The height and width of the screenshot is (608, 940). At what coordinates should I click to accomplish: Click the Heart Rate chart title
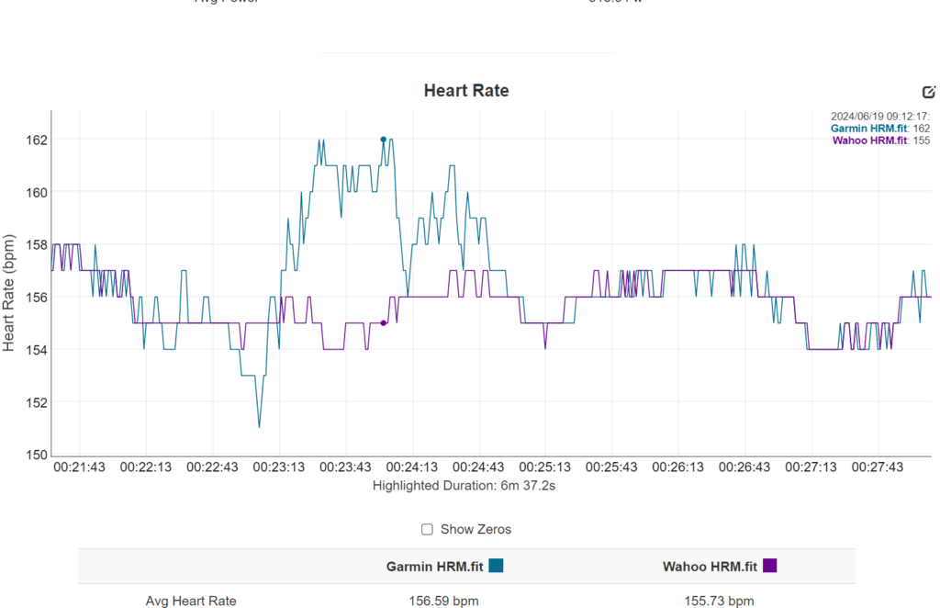[465, 90]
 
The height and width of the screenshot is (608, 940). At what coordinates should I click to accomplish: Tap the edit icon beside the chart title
[928, 92]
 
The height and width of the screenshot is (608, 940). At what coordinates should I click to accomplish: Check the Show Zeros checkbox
[427, 529]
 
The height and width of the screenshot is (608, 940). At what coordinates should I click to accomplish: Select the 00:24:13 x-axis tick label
[412, 467]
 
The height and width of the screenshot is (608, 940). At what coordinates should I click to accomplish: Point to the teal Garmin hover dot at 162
[384, 140]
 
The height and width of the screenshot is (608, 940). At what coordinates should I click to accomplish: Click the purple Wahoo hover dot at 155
[384, 323]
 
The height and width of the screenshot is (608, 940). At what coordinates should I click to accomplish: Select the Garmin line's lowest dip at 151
[259, 427]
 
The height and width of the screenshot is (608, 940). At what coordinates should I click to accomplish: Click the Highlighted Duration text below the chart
[464, 485]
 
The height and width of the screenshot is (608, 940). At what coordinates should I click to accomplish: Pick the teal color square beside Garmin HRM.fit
[497, 566]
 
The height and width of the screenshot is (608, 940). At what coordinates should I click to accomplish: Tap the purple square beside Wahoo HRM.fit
[770, 566]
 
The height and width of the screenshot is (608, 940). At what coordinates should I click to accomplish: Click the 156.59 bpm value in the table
[443, 601]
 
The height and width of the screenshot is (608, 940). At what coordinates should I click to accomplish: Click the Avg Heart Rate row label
[191, 601]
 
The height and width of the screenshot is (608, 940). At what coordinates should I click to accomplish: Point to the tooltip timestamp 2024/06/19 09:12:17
[879, 117]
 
